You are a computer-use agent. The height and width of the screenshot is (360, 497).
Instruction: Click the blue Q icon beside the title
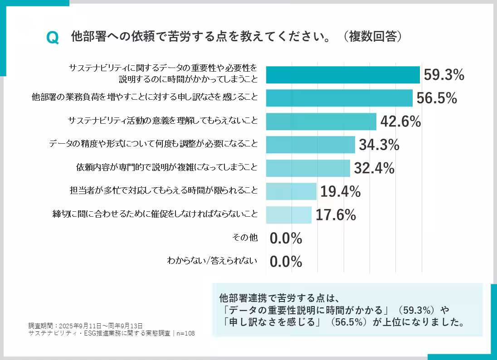point(53,38)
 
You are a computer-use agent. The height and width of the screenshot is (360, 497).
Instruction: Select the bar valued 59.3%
point(342,75)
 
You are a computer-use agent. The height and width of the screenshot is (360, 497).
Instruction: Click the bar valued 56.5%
point(339,98)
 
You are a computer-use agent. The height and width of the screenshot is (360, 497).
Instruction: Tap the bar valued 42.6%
point(321,122)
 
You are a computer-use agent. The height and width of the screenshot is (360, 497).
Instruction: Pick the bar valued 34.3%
point(310,145)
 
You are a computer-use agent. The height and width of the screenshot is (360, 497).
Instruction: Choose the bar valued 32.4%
point(307,168)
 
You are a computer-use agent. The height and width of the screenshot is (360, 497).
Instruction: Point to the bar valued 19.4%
point(291,191)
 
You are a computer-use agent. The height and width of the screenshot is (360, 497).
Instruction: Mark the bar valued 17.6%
point(288,215)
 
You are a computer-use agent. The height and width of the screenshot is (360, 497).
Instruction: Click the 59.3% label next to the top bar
point(444,75)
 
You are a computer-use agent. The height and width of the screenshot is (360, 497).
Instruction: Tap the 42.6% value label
point(400,122)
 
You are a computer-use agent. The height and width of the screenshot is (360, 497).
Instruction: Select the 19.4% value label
point(341,191)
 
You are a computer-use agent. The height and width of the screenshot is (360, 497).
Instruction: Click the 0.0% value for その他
point(286,238)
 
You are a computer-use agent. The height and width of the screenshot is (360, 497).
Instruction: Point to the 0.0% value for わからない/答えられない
point(286,262)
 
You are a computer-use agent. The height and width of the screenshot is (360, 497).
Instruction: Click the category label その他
point(244,237)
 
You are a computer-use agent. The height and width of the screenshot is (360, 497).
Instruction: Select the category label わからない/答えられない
point(212,261)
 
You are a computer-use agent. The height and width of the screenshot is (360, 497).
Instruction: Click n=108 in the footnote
point(186,333)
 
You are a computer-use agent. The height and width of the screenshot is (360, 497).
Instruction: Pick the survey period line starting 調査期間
point(86,326)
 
